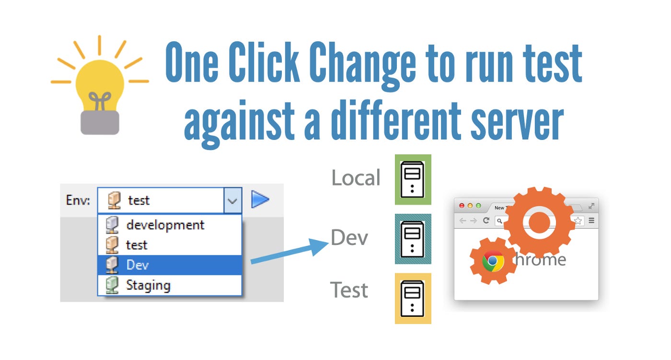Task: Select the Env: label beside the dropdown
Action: pos(78,200)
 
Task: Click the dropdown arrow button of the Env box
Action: pos(232,200)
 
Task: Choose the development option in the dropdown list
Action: pos(165,224)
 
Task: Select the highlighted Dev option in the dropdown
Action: pos(138,265)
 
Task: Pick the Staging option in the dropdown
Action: pos(148,285)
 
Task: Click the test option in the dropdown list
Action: pos(137,245)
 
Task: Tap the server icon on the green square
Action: pos(413,179)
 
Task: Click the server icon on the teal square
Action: pos(413,239)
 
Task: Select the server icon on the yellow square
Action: pos(413,298)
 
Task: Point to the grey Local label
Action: pos(356,178)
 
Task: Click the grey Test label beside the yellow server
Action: pos(349,290)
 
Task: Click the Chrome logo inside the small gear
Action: pos(493,261)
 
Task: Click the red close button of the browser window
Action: pos(462,206)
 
